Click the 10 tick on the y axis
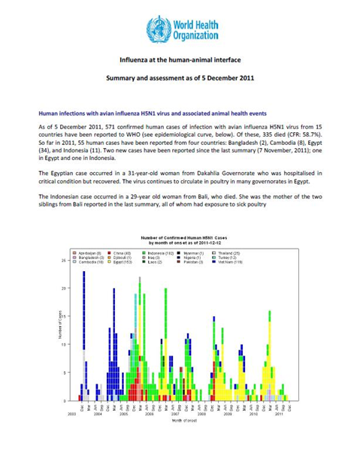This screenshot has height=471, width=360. pyautogui.click(x=62, y=345)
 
